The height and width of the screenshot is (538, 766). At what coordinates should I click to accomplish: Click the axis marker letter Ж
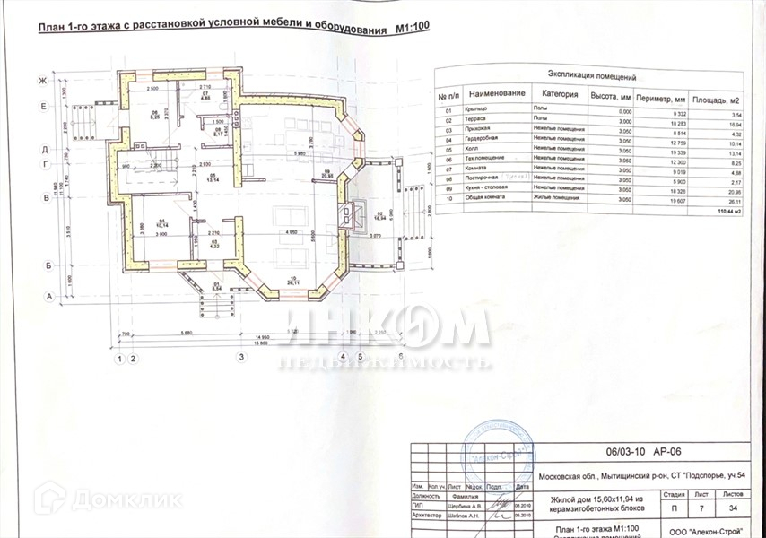(42, 81)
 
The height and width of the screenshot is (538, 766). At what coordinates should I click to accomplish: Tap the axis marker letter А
(42, 295)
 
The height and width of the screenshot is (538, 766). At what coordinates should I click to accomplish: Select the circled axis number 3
(241, 358)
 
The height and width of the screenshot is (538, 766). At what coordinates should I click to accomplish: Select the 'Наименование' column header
(496, 93)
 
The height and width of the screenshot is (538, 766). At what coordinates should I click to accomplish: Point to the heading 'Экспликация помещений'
(591, 78)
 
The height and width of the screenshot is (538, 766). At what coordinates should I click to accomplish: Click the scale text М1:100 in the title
(413, 28)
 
